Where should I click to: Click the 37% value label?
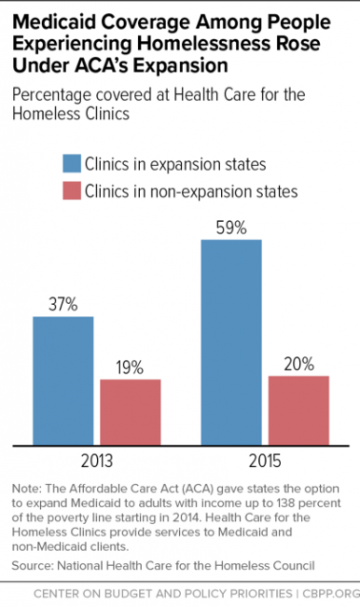click(63, 305)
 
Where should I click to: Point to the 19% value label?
click(132, 367)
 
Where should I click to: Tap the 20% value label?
click(299, 365)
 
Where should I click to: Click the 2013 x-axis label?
click(97, 462)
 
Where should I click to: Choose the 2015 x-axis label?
click(265, 462)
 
